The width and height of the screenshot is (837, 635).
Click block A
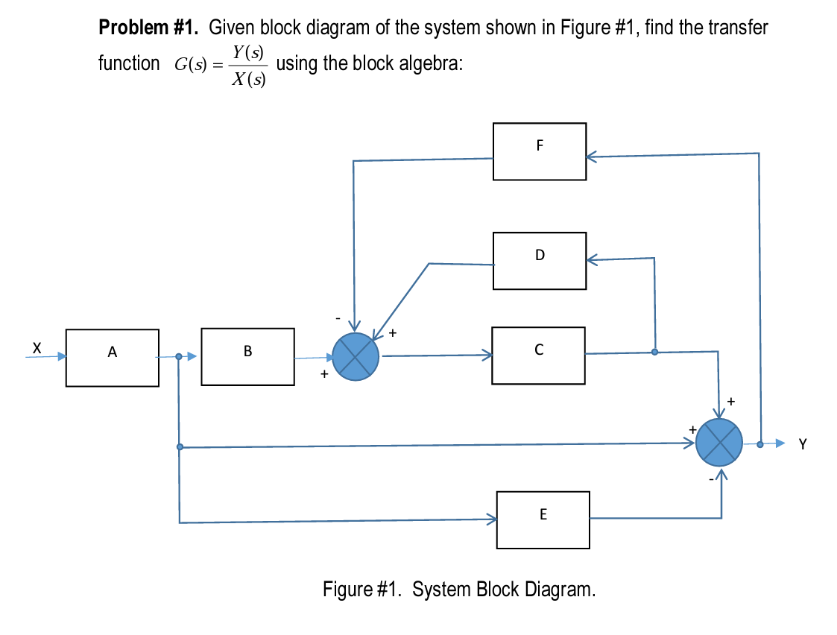(x=112, y=358)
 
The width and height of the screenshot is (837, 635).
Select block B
(x=247, y=357)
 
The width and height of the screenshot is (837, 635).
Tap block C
(x=538, y=356)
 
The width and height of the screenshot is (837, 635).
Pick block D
(x=539, y=261)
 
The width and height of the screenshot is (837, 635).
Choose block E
(x=543, y=519)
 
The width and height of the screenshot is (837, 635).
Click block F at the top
(x=539, y=151)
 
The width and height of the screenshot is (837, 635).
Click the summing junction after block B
(x=356, y=357)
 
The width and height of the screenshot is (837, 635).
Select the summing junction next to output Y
(x=719, y=443)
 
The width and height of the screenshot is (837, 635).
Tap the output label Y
(x=802, y=445)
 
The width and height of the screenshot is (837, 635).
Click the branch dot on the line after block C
(x=654, y=352)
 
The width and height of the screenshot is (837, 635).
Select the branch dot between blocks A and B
(x=179, y=357)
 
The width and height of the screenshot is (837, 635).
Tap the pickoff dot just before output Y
(x=759, y=443)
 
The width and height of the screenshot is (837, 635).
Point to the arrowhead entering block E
(x=492, y=519)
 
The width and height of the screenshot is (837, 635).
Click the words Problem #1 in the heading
(x=148, y=29)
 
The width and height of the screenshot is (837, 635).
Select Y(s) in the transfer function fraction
(x=247, y=52)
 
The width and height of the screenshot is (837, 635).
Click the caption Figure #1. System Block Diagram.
(x=459, y=590)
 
